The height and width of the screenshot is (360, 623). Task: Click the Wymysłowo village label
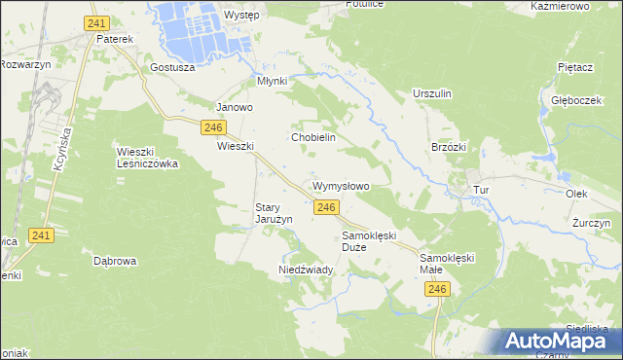(341, 186)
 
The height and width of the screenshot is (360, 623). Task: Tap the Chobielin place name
(313, 138)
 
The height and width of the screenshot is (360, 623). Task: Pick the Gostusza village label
(173, 68)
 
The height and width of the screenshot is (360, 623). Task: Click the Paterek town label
(114, 40)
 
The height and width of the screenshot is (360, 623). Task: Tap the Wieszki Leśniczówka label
(147, 158)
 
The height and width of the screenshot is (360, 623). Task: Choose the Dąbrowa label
(115, 261)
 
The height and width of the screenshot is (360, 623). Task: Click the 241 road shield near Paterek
(95, 21)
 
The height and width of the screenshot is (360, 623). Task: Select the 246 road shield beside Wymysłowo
(327, 207)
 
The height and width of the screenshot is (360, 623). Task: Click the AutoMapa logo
(554, 342)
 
